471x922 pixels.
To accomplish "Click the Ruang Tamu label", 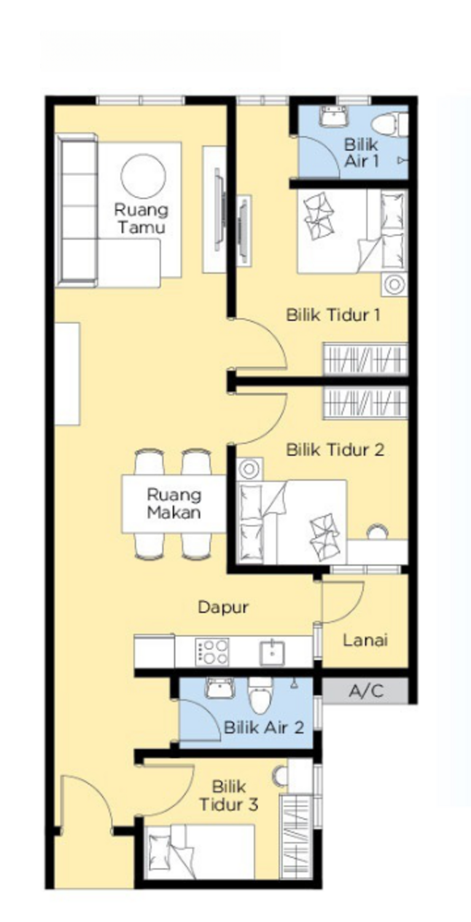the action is (141, 218).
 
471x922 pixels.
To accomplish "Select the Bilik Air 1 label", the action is (361, 152).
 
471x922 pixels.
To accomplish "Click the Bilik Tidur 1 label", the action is (333, 315).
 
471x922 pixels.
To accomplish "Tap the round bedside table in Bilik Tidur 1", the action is (394, 285).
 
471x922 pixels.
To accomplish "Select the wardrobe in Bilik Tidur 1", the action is (365, 359).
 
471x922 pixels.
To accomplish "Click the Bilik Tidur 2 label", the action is (335, 449).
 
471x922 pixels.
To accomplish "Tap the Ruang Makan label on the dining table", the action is (174, 503).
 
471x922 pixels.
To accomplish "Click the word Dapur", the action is (223, 607).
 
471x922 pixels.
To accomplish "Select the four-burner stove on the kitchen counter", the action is (212, 652).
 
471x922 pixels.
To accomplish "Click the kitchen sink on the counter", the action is (271, 652).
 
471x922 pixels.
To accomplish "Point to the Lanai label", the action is (365, 640).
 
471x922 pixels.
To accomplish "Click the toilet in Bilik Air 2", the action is (260, 697).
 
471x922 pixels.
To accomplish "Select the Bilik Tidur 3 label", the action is (228, 795).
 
